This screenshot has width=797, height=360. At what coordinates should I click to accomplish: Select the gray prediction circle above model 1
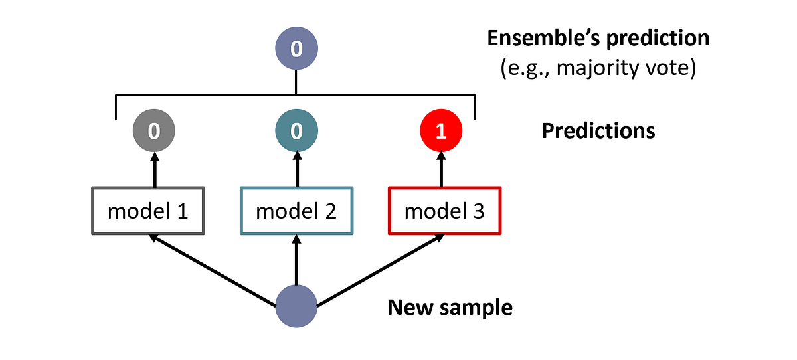tap(153, 131)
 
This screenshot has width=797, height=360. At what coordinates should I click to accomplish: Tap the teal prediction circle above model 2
tap(296, 131)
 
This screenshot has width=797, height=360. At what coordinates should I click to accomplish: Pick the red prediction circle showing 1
tap(440, 131)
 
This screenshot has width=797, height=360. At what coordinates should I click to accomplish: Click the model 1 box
tap(147, 211)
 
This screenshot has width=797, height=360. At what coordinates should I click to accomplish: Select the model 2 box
tap(296, 211)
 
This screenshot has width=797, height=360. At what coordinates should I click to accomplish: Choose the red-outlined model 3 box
tap(444, 211)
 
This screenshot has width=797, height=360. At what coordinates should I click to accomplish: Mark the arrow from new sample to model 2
tap(296, 262)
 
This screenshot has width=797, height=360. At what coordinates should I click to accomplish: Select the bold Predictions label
tap(598, 131)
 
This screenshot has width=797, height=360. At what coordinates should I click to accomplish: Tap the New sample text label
tap(450, 308)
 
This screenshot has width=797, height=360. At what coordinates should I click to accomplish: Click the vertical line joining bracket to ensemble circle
tap(296, 83)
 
